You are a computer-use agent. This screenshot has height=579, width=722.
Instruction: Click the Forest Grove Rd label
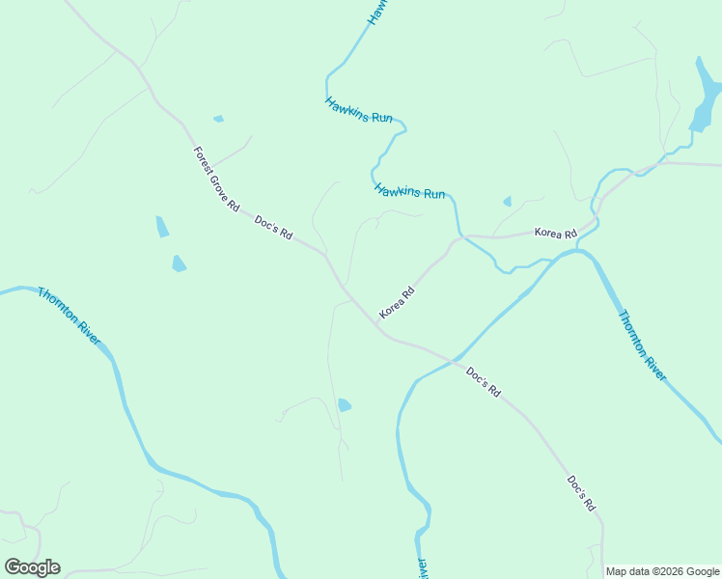[216, 179]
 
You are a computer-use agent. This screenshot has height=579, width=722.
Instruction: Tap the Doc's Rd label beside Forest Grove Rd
[273, 229]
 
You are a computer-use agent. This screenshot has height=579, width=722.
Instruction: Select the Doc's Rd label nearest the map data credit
[581, 492]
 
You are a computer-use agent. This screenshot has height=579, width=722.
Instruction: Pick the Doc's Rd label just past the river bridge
[483, 382]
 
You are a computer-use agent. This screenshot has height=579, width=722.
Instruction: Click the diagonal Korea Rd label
[397, 303]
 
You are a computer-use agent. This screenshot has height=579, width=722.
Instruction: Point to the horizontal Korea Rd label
[555, 234]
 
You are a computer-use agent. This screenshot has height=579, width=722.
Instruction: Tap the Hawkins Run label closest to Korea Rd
[409, 191]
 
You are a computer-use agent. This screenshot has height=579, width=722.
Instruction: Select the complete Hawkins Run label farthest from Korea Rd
[359, 110]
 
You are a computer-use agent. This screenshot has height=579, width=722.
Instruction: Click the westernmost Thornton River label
[69, 316]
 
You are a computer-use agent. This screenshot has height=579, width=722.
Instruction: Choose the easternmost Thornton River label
[642, 345]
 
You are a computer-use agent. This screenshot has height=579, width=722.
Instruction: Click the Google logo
[32, 566]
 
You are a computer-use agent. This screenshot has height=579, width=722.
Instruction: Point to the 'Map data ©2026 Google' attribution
[663, 571]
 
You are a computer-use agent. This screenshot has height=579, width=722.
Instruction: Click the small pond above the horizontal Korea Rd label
[507, 202]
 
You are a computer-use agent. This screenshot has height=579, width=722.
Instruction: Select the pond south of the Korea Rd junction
[344, 405]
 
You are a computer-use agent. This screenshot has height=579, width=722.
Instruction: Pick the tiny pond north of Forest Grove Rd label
[218, 119]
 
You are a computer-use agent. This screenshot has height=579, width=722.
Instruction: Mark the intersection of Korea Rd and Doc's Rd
[375, 322]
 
